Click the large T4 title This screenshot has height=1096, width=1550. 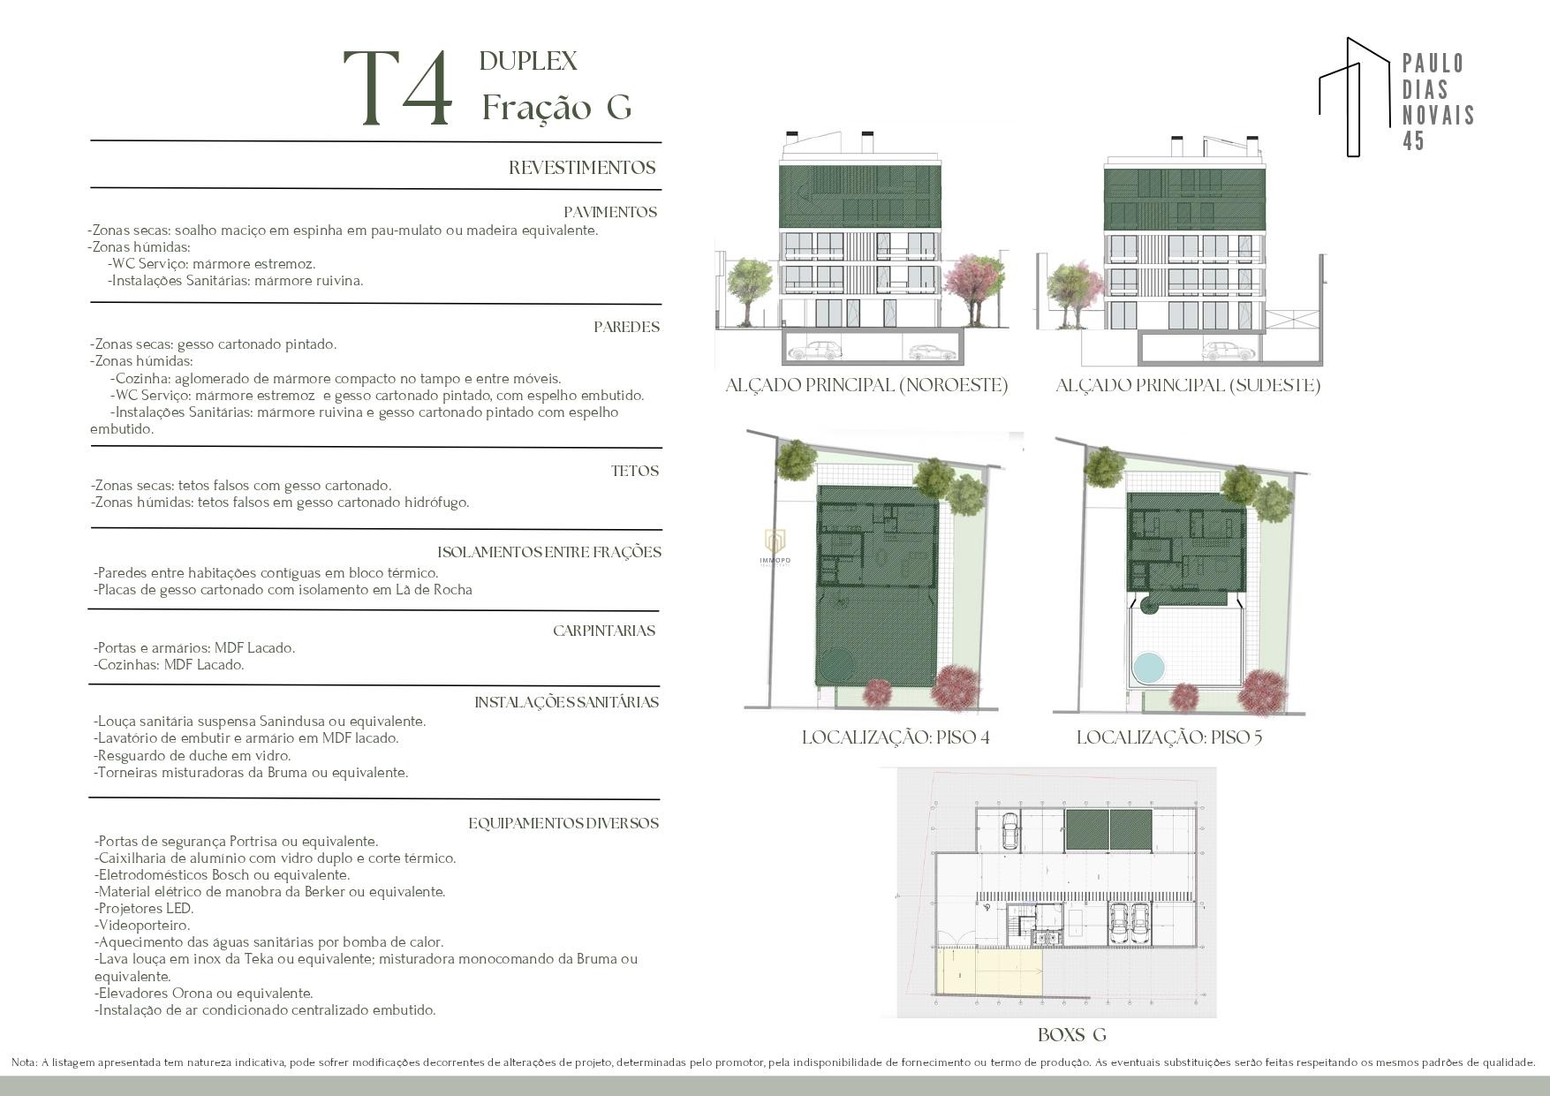(398, 88)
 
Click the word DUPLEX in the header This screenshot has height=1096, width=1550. (528, 61)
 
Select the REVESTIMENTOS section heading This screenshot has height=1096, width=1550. (582, 168)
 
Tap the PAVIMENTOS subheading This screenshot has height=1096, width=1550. (610, 212)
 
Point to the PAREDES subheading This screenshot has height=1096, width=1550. (627, 327)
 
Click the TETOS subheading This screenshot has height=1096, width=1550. (635, 471)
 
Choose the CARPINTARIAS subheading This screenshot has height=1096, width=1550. (604, 631)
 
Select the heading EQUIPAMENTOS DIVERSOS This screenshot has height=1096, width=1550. (563, 823)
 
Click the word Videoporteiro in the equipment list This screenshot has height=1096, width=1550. (142, 926)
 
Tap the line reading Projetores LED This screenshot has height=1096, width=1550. (144, 909)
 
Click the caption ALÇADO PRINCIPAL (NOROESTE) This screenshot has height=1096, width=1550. (866, 385)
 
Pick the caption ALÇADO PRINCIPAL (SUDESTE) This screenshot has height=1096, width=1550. (1188, 385)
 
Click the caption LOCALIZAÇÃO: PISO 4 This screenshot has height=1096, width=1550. (896, 737)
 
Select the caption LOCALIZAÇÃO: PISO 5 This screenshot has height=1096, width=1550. (1169, 737)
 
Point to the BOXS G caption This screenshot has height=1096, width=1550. (1072, 1035)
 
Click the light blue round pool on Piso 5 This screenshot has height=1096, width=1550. (1149, 669)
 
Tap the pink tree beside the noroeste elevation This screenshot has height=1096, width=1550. (975, 283)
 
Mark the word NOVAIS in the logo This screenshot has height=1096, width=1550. (1439, 115)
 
